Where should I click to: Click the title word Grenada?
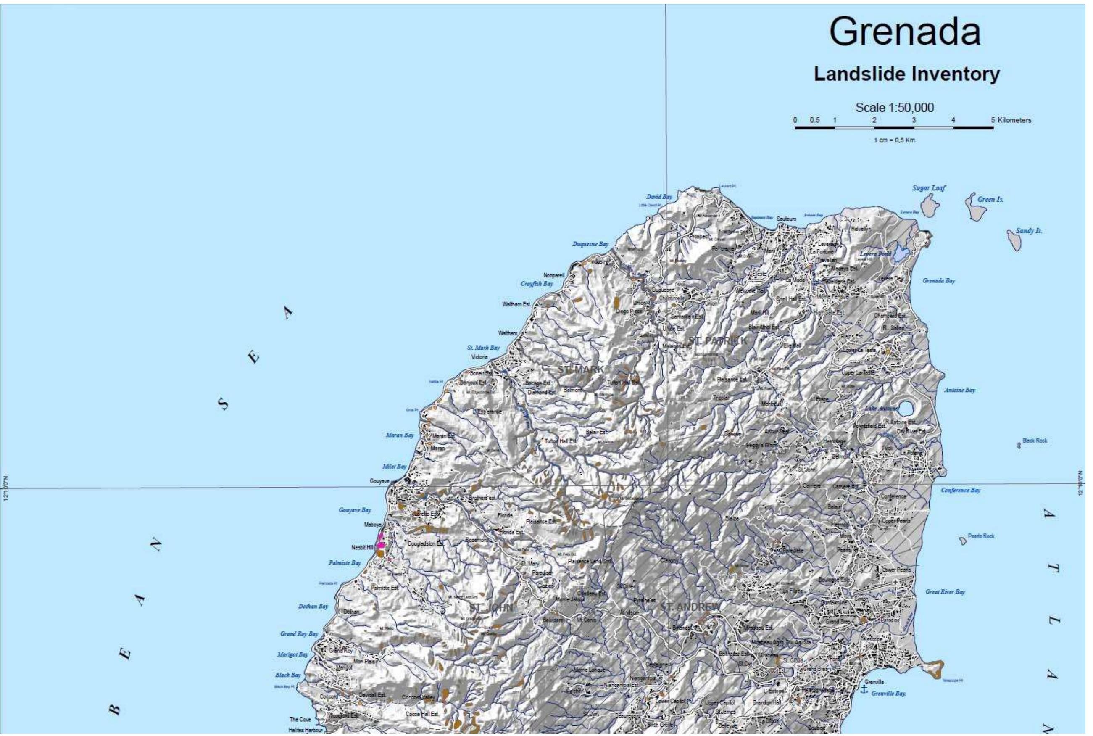(904, 32)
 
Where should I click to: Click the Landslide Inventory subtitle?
(906, 74)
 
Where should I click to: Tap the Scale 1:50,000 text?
(895, 108)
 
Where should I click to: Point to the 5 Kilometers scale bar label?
(1011, 120)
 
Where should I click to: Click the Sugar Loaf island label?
(929, 188)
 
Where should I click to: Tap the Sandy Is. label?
(1029, 231)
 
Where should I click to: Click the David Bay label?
(659, 197)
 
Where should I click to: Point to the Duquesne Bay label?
(590, 244)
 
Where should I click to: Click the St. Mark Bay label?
(483, 348)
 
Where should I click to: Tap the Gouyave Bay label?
(355, 510)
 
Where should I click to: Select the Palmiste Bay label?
(345, 562)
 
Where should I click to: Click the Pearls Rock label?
(981, 536)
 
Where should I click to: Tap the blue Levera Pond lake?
(901, 253)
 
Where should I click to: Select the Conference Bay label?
(960, 490)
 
